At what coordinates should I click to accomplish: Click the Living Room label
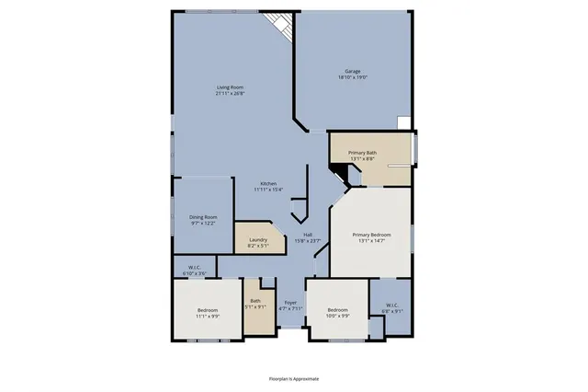[x=230, y=87]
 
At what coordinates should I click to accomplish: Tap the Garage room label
[x=352, y=71]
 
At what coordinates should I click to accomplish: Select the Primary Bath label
[x=362, y=153]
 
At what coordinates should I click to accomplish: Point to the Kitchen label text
[x=268, y=183]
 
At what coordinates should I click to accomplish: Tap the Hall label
[x=308, y=235]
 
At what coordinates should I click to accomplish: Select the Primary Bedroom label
[x=372, y=235]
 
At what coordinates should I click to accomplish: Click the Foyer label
[x=290, y=302]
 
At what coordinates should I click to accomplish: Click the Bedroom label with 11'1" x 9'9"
[x=207, y=310]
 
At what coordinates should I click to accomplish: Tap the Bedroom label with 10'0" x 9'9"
[x=338, y=310]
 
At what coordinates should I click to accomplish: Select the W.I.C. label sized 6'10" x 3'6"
[x=194, y=269]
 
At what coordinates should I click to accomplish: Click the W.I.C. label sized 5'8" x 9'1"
[x=391, y=305]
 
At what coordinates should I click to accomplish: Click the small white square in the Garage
[x=404, y=121]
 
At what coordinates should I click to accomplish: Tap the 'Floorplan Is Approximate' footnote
[x=294, y=378]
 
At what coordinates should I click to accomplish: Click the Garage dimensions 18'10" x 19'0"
[x=352, y=76]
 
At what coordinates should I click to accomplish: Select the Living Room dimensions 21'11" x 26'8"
[x=230, y=93]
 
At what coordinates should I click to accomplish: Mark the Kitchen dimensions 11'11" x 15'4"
[x=268, y=190]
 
